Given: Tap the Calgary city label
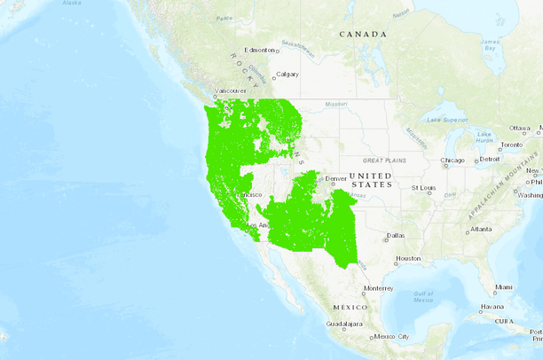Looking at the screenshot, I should (x=287, y=74).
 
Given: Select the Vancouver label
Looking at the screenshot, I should (x=232, y=90).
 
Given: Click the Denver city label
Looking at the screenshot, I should (x=336, y=178).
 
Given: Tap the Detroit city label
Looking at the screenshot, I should (x=490, y=160).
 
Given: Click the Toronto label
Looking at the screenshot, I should (x=512, y=145).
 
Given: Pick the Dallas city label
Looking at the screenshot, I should (x=395, y=235).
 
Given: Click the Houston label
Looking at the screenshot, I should (x=408, y=259).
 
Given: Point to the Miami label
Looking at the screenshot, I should (x=504, y=287).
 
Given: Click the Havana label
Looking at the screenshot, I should (x=492, y=307).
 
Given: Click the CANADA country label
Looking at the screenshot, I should (x=363, y=34).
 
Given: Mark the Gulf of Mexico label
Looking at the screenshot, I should (x=423, y=296).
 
